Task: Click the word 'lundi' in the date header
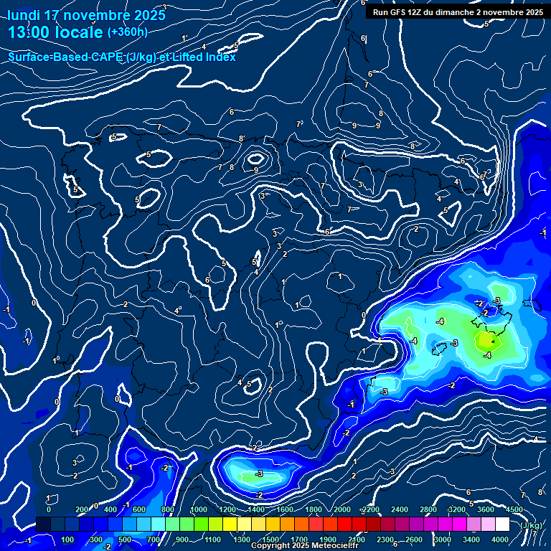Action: click(23, 15)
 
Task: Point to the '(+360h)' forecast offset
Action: click(127, 32)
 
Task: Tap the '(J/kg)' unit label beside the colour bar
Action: click(532, 525)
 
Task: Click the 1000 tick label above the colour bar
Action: click(198, 509)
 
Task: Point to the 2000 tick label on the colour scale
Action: click(342, 509)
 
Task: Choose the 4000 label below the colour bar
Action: click(500, 540)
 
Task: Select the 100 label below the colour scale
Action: click(68, 540)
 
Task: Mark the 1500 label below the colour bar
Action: click(270, 540)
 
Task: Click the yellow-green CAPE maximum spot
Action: click(486, 339)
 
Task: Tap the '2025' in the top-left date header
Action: click(136, 15)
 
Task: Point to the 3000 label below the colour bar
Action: click(443, 540)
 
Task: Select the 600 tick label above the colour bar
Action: click(140, 509)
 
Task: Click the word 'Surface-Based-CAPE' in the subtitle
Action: click(65, 57)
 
